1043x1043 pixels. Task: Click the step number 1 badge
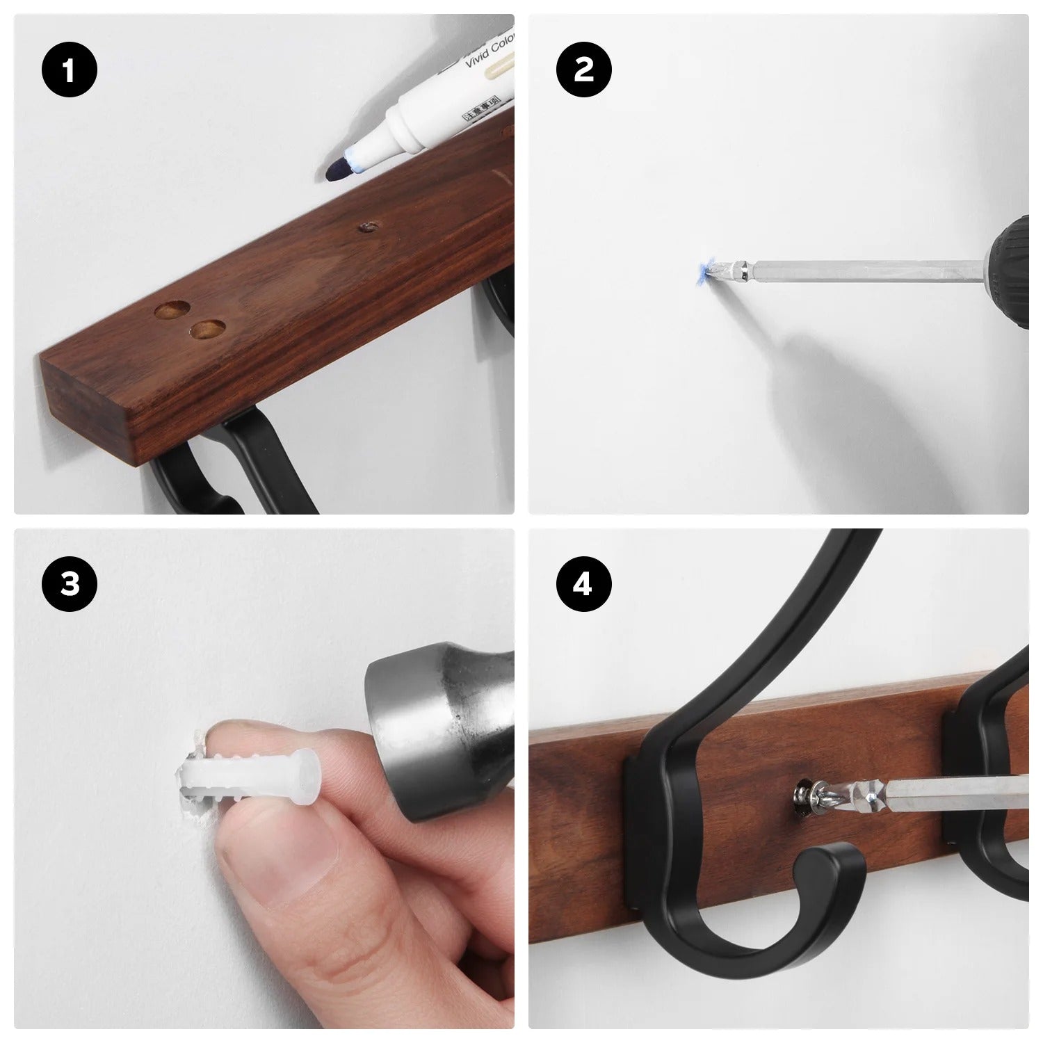pos(69,71)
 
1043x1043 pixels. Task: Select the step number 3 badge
pos(69,585)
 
